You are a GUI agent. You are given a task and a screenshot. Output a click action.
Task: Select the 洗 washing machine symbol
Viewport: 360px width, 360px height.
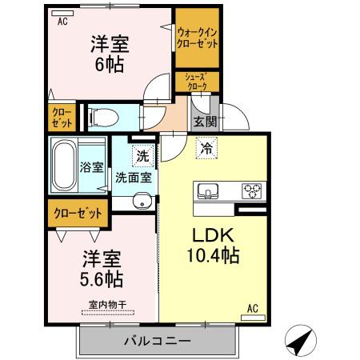[x=142, y=154]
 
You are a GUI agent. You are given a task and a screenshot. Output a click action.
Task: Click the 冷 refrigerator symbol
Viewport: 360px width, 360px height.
[x=206, y=147]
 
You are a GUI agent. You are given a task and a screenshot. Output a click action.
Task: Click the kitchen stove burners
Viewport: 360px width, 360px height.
[x=252, y=191]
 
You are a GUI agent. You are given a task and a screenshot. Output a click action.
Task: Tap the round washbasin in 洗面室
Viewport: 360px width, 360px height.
[x=142, y=201]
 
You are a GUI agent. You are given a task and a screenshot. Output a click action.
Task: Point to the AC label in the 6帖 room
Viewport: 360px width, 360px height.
[x=61, y=22]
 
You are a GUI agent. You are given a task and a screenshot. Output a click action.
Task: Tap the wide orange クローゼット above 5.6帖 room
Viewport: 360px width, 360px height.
[x=78, y=214]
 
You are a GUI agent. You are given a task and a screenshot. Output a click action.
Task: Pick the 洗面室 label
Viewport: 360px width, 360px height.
[x=133, y=177]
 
